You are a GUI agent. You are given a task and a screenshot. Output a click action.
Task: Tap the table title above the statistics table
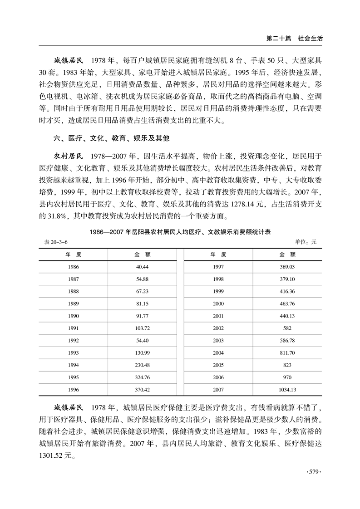tap(180, 232)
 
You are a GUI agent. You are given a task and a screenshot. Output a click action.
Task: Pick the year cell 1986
tap(73, 267)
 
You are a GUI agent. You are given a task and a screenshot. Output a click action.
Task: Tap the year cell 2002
tap(218, 328)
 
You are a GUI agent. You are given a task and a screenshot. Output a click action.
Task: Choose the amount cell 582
tap(288, 328)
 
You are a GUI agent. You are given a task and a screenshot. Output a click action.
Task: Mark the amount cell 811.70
tap(288, 353)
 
